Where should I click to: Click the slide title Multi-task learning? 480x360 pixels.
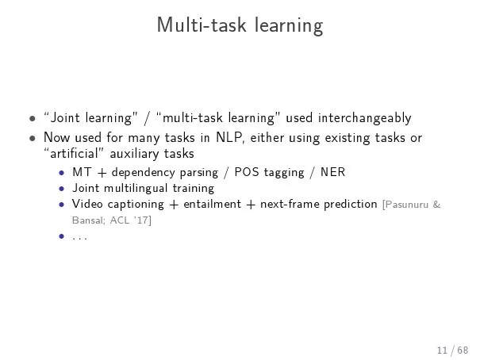coord(240,25)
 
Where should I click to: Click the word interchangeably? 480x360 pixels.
coord(365,118)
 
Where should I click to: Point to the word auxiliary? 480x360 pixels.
coord(135,154)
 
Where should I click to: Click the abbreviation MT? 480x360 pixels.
coord(82,172)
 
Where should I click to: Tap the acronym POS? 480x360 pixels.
coord(247,172)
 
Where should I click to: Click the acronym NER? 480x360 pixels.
coord(332,172)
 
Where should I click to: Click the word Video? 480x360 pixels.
coord(87,204)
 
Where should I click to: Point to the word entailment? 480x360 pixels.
coord(212,204)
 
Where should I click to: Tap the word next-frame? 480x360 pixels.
coord(289,204)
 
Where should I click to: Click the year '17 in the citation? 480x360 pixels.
coord(141,220)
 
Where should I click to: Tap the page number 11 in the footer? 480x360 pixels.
coord(443,350)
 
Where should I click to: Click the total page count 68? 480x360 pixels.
coord(463,350)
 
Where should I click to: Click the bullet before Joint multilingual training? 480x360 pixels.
coord(62,189)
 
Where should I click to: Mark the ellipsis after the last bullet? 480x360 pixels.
coord(79,238)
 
